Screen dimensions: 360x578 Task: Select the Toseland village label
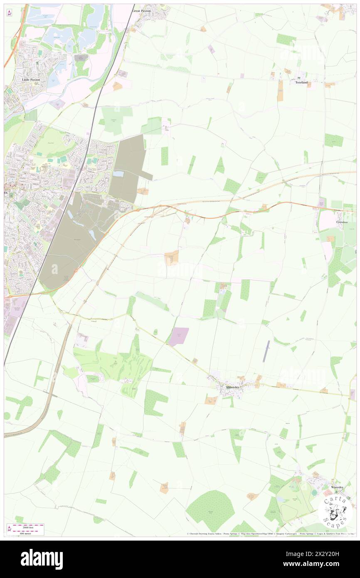[301, 82]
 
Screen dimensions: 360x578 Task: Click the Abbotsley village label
[232, 387]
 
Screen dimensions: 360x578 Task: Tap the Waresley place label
[337, 487]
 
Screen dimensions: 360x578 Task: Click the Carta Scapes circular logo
[335, 511]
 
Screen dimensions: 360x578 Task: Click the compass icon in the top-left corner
[9, 13]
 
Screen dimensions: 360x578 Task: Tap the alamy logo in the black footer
[42, 559]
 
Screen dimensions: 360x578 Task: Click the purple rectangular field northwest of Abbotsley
[179, 335]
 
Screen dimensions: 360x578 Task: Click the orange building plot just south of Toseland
[280, 91]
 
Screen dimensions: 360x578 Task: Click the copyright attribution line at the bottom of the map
[266, 534]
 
